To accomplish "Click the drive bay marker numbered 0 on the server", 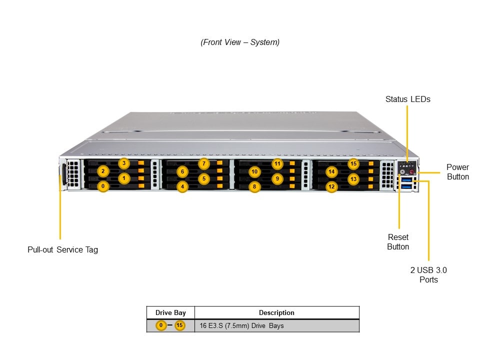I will pos(103,186).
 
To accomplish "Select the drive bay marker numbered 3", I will pos(124,163).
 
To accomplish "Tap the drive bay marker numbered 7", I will pos(203,163).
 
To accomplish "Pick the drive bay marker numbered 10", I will pos(254,172).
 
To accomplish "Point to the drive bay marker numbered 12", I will pos(331,187).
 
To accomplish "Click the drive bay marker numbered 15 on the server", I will pos(353,163).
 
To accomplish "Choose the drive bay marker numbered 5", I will pos(203,178).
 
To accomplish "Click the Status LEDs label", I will pos(407,99).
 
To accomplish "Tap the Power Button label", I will pos(457,171).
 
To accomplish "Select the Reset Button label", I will pos(398,241).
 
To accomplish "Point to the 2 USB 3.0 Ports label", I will pos(428,274).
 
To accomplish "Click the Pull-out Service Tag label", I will pos(62,249).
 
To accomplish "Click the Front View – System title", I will pos(240,42).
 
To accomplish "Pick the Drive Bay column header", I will pos(170,312).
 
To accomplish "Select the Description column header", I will pos(276,312).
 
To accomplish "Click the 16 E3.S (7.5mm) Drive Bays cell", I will pos(241,326).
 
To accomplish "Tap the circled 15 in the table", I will pos(179,326).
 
